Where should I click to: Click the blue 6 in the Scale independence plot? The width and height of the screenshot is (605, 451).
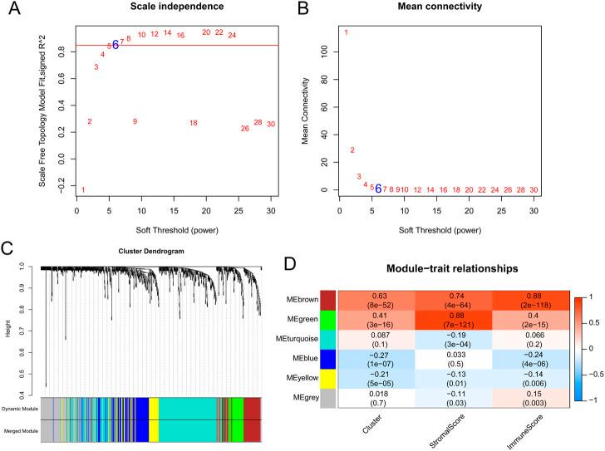pos(116,45)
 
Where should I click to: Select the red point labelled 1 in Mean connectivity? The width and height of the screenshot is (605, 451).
pos(346,32)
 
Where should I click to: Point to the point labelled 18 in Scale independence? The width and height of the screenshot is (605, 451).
pos(193,123)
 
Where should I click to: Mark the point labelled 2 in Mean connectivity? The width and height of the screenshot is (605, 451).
pos(352,150)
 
